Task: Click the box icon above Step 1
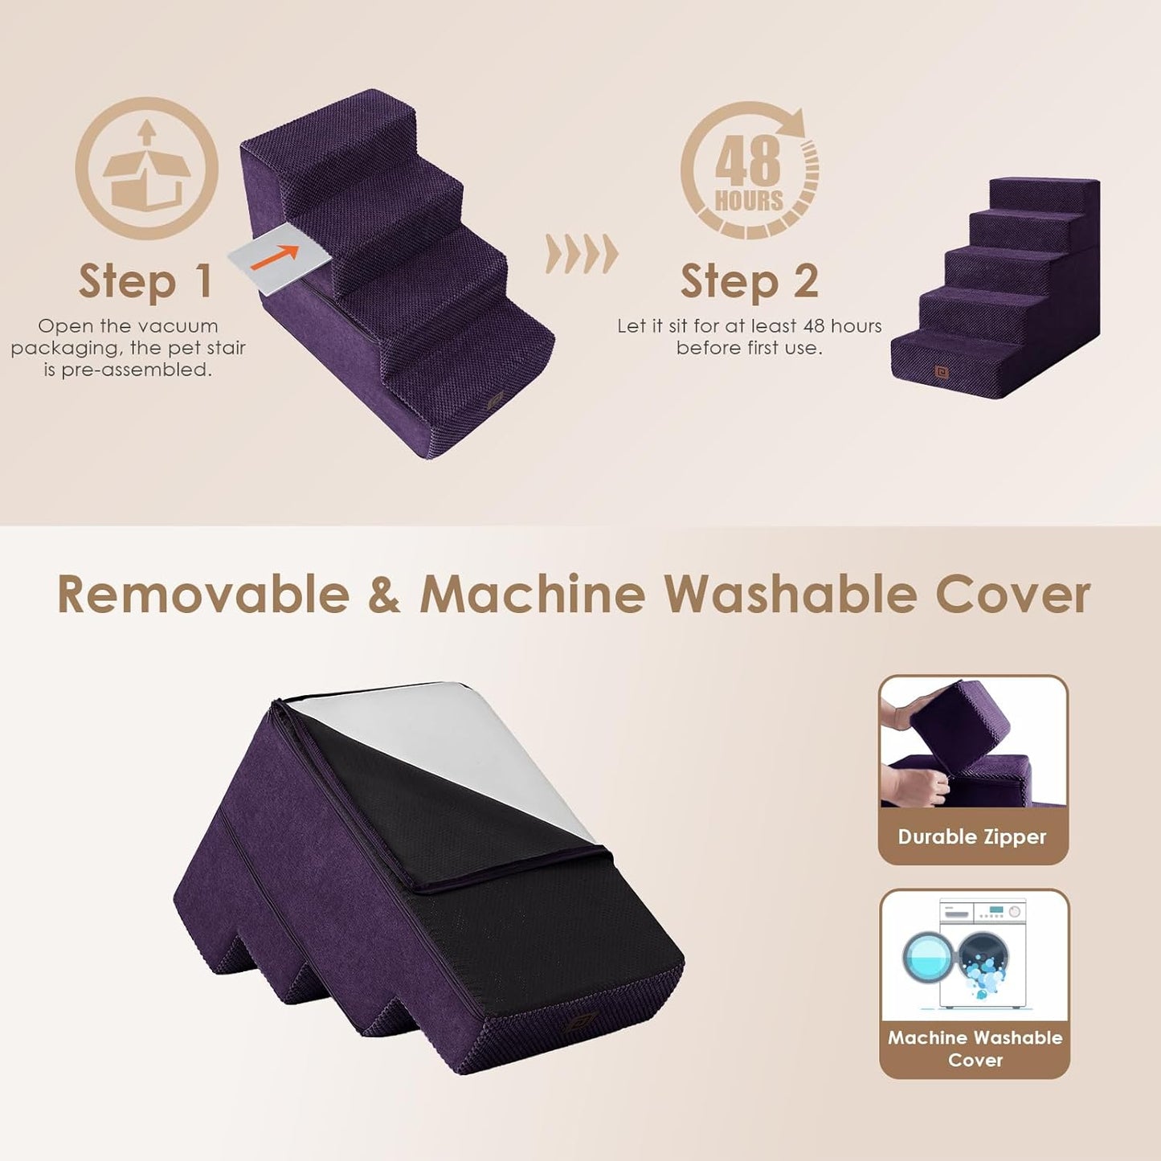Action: click(x=146, y=169)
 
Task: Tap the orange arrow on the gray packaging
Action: click(x=275, y=256)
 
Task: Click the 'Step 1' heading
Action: click(x=145, y=281)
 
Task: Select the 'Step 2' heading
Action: click(x=749, y=281)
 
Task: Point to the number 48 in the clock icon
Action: click(x=747, y=161)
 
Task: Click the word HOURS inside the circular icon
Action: click(x=749, y=201)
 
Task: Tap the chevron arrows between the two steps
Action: click(x=582, y=254)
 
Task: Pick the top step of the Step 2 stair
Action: click(x=1043, y=190)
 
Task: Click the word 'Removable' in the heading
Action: click(x=203, y=595)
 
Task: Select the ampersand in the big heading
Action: click(x=384, y=595)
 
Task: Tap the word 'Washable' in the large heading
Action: click(x=790, y=595)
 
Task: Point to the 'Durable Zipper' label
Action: click(x=972, y=837)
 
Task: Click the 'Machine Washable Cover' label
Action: click(x=975, y=1049)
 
